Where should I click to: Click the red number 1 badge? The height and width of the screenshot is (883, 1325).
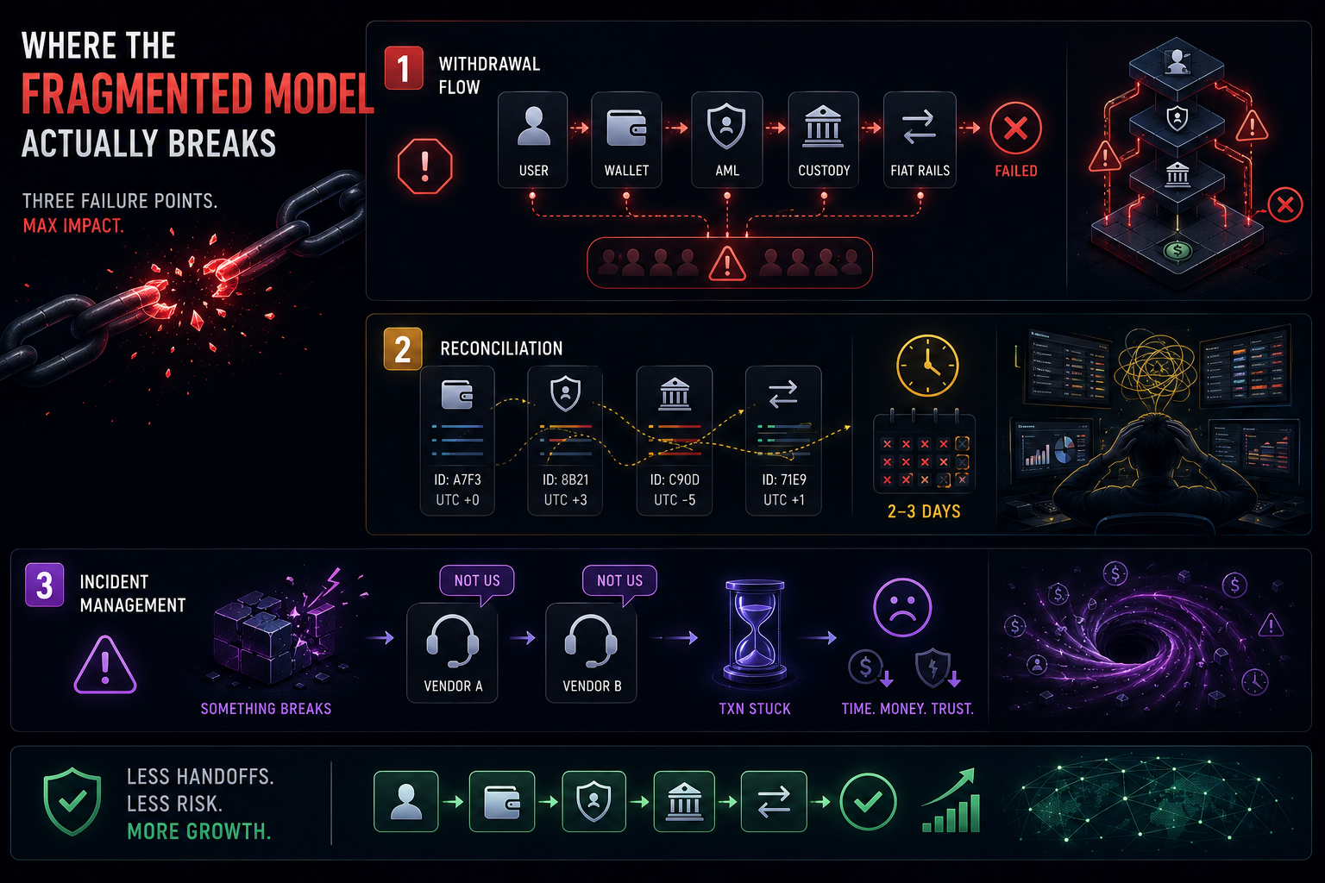pyautogui.click(x=404, y=68)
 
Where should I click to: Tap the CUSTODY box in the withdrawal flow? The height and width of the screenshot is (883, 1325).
pyautogui.click(x=824, y=140)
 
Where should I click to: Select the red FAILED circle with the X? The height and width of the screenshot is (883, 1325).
pyautogui.click(x=1015, y=128)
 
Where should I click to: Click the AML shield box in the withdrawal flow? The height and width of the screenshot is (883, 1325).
pyautogui.click(x=727, y=140)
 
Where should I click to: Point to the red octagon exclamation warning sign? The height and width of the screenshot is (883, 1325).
pyautogui.click(x=424, y=166)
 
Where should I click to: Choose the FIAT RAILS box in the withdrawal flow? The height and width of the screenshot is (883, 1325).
pyautogui.click(x=920, y=140)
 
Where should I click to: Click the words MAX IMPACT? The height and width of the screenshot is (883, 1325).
pyautogui.click(x=73, y=226)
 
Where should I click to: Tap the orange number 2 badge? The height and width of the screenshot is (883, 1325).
pyautogui.click(x=403, y=349)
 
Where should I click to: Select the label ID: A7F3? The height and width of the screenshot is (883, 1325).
pyautogui.click(x=457, y=479)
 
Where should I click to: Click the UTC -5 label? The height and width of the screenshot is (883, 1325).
pyautogui.click(x=675, y=500)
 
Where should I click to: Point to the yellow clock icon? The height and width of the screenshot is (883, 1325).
pyautogui.click(x=927, y=366)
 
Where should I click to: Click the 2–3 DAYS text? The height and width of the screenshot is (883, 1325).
pyautogui.click(x=924, y=511)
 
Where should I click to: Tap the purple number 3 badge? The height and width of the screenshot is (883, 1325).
pyautogui.click(x=44, y=585)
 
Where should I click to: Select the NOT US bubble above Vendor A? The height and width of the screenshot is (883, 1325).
pyautogui.click(x=477, y=581)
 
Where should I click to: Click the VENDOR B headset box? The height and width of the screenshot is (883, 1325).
pyautogui.click(x=591, y=653)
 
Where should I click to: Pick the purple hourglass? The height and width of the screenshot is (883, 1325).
pyautogui.click(x=755, y=632)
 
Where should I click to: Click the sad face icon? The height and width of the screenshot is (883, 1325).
pyautogui.click(x=902, y=607)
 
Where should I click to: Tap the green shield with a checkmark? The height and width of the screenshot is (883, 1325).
pyautogui.click(x=72, y=802)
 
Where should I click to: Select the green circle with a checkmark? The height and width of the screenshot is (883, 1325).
pyautogui.click(x=868, y=803)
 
